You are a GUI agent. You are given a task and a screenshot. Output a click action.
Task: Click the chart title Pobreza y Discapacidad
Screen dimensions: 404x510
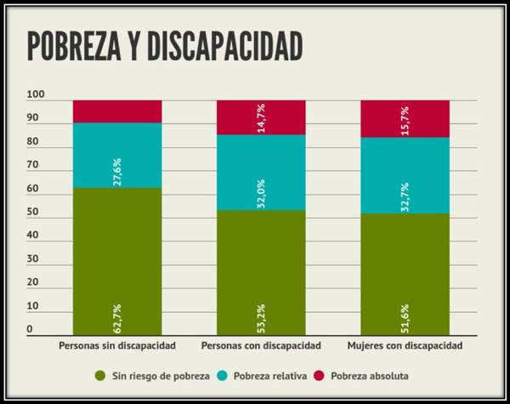[x=165, y=47]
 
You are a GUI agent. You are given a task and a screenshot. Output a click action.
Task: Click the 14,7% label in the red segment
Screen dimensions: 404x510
[x=262, y=117]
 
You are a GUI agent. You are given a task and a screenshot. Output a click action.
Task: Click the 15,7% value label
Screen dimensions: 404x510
[x=405, y=117]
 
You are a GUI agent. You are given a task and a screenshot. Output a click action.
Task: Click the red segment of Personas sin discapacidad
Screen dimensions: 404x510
[x=117, y=111]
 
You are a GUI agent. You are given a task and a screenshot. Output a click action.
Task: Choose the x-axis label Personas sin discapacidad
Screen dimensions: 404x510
[x=117, y=347]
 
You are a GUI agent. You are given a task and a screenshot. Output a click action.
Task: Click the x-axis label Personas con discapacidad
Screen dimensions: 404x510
[x=261, y=347]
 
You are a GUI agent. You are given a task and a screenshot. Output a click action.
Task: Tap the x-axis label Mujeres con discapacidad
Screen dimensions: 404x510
[x=405, y=347]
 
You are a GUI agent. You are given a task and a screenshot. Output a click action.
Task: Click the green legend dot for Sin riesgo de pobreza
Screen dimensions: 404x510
[x=100, y=374]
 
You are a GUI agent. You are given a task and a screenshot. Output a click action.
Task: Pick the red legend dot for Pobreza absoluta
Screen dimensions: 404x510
[x=320, y=374]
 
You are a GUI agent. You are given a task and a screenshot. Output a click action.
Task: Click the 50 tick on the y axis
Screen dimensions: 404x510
[x=31, y=212]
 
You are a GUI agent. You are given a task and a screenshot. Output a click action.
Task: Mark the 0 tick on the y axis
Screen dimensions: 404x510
[x=29, y=329]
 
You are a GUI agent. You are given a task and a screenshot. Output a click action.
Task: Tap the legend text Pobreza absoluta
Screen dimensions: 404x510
[x=370, y=374]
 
